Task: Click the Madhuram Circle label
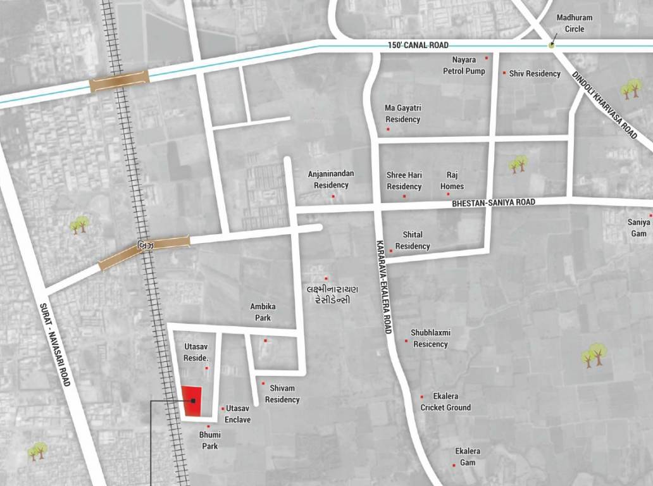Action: click(575, 22)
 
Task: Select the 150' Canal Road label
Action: click(418, 46)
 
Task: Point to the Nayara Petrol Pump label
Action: click(464, 66)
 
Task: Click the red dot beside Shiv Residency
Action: click(504, 73)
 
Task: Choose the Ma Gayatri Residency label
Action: click(402, 114)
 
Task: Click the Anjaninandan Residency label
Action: click(331, 179)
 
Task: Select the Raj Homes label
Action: click(452, 180)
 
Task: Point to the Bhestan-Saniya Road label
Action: click(494, 202)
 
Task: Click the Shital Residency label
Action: click(413, 240)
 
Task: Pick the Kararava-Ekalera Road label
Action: click(383, 287)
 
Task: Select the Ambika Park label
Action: click(263, 312)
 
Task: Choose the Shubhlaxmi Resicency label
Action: click(430, 339)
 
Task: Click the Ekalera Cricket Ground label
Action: click(445, 402)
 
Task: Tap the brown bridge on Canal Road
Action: click(119, 81)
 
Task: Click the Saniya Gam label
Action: click(638, 228)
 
